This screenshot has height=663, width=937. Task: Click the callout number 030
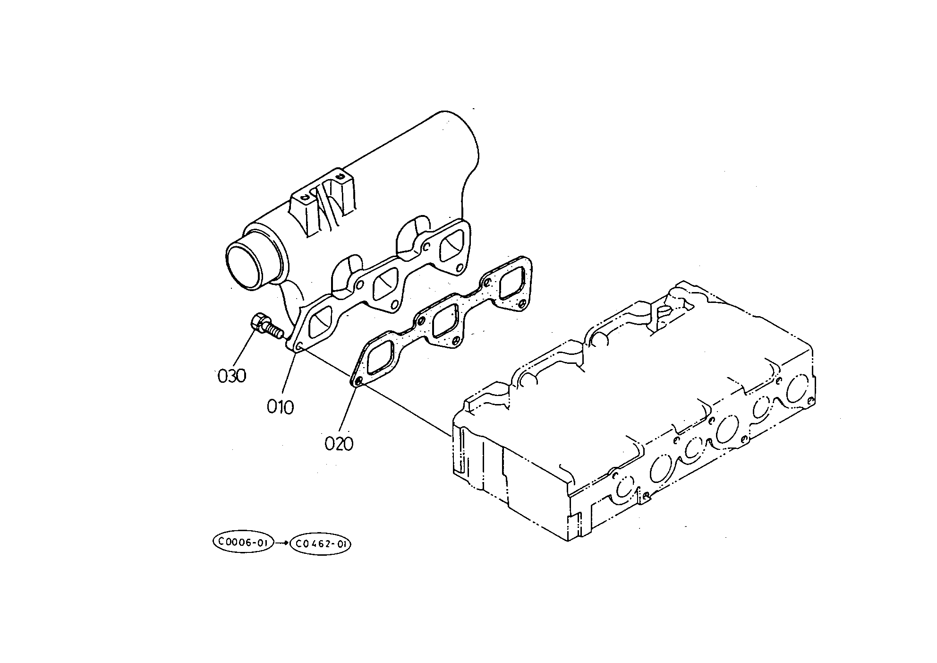click(232, 376)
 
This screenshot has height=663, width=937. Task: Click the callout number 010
click(280, 406)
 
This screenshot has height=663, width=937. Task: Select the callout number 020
click(339, 443)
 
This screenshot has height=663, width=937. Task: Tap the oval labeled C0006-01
click(243, 542)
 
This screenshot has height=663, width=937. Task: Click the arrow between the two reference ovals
click(282, 543)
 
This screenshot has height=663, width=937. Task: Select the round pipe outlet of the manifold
click(248, 265)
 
